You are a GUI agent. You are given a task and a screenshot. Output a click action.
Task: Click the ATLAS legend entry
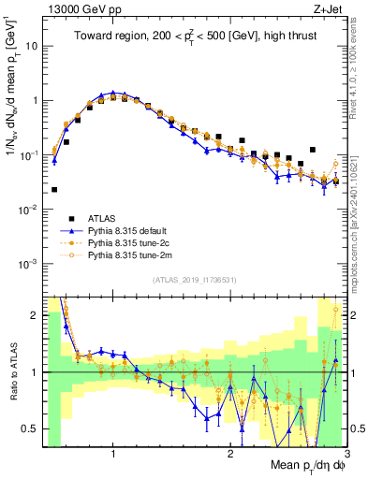pyautogui.click(x=103, y=217)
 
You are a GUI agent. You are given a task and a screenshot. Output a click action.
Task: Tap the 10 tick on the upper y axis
pyautogui.click(x=30, y=45)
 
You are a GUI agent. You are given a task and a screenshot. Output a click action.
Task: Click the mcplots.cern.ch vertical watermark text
pyautogui.click(x=359, y=187)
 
